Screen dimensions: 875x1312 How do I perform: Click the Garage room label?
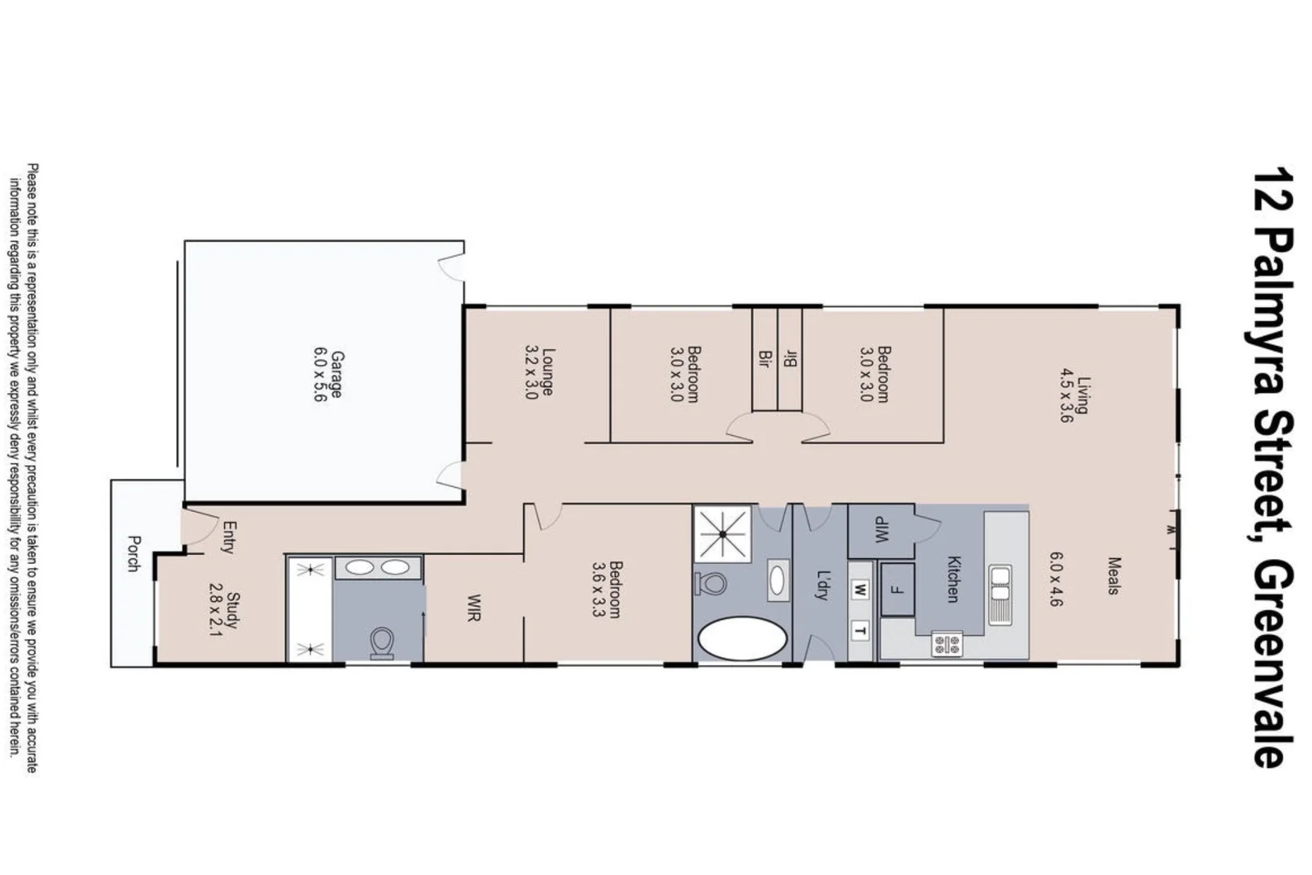tap(335, 373)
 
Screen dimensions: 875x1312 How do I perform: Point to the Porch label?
tap(134, 553)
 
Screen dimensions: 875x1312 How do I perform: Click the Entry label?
tap(228, 537)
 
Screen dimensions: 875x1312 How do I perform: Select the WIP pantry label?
tap(880, 531)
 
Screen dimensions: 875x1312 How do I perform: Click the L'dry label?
tap(824, 586)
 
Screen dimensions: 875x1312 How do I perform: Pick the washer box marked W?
tap(860, 590)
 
